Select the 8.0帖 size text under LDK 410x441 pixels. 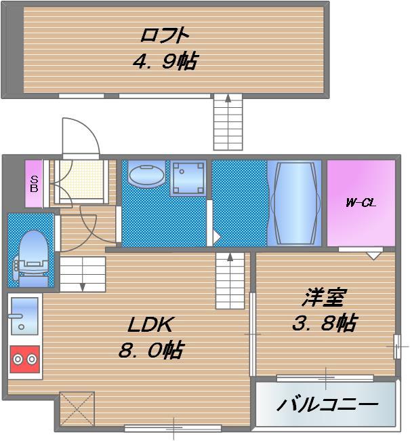tap(150, 350)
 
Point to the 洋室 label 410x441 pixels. tap(324, 298)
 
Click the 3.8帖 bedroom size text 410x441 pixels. tap(324, 323)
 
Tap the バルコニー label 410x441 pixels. tap(327, 405)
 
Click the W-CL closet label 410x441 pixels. tap(361, 202)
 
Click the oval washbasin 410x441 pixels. tap(146, 176)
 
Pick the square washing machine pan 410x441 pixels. tap(188, 177)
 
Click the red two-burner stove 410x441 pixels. tap(24, 358)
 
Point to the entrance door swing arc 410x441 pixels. tap(81, 136)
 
